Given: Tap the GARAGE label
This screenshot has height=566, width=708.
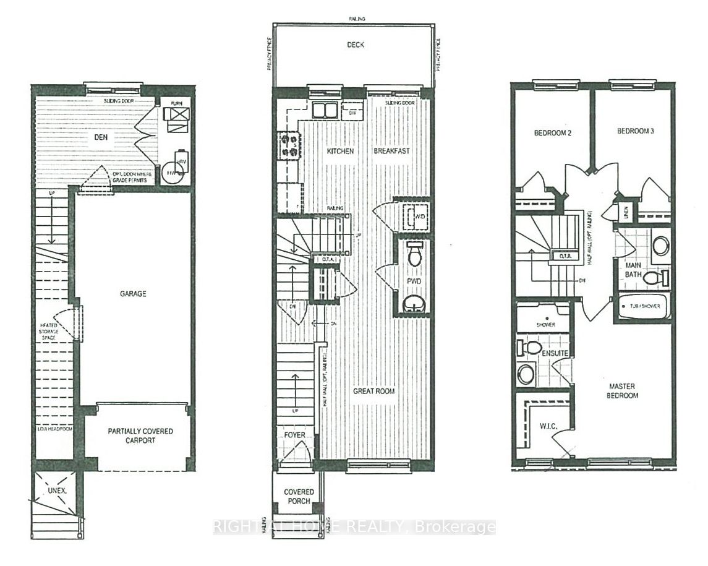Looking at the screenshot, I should (133, 294).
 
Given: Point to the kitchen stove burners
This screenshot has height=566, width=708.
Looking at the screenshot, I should (288, 145).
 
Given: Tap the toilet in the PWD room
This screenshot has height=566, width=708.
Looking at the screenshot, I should (414, 252).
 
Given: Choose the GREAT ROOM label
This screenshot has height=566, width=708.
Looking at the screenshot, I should (374, 391).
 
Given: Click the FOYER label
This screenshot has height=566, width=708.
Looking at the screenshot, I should (295, 435).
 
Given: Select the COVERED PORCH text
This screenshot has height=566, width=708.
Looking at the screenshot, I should (299, 496).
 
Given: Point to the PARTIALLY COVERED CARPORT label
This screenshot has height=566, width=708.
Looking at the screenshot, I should (140, 435).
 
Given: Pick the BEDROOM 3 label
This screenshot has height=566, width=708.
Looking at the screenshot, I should (635, 131).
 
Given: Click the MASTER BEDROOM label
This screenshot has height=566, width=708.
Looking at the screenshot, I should (622, 391).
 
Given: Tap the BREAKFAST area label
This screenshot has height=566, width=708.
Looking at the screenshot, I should (391, 151).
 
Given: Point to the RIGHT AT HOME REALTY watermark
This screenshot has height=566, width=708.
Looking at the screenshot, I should (354, 527).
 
